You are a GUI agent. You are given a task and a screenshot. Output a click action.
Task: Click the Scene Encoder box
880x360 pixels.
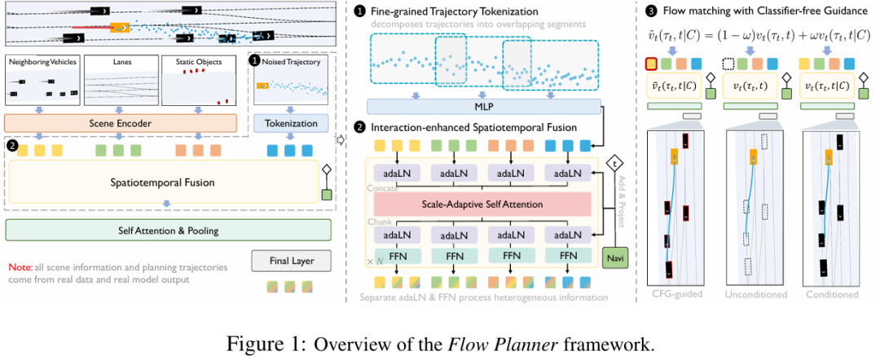click(120, 123)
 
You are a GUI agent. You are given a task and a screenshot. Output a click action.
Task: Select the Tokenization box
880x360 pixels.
click(291, 123)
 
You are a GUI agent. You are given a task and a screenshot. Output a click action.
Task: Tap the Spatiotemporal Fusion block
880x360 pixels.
click(164, 182)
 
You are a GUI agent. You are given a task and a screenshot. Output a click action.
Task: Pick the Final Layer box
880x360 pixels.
click(293, 261)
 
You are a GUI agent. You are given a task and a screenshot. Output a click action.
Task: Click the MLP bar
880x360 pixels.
click(484, 107)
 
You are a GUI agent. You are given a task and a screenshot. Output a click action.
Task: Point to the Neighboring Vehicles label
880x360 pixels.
click(42, 62)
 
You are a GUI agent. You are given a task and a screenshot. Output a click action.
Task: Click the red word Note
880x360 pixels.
click(20, 267)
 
